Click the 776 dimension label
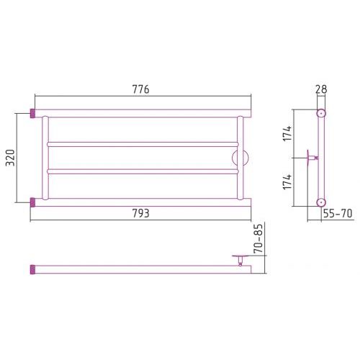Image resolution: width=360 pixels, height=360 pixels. click(x=141, y=89)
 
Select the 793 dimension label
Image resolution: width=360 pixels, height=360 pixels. click(x=141, y=213)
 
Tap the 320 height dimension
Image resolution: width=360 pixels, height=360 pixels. click(x=11, y=158)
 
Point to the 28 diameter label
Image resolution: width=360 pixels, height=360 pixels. click(x=321, y=89)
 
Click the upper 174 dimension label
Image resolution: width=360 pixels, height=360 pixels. click(x=287, y=133)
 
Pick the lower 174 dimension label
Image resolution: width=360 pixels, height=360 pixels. click(x=287, y=181)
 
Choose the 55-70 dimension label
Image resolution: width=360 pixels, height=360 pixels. click(x=338, y=213)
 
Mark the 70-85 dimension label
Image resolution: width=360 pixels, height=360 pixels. click(x=258, y=238)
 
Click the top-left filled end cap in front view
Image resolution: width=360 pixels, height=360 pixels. click(x=32, y=113)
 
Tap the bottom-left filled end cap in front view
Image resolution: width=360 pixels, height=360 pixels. click(x=32, y=202)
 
